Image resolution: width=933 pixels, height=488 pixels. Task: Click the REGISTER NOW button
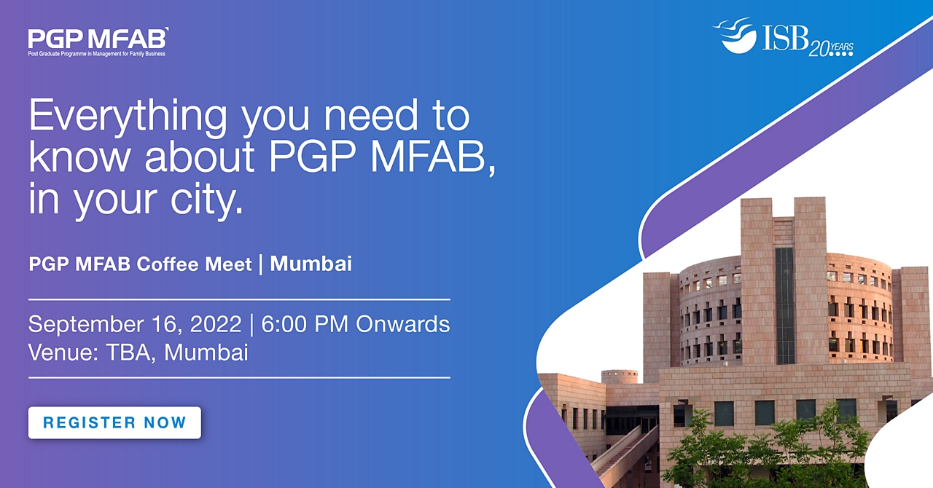coord(114,422)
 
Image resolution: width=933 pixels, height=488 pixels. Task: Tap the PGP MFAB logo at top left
coord(98,42)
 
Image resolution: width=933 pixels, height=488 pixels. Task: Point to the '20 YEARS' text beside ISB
coord(831,49)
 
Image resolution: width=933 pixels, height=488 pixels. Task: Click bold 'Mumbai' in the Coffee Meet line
coord(311,264)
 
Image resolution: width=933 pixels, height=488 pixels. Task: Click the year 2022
coord(216,324)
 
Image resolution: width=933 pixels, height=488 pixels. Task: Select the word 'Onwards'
coord(403,324)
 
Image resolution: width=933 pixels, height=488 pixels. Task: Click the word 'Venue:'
coord(63,353)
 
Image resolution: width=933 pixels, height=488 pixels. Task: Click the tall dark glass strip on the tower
coord(785,306)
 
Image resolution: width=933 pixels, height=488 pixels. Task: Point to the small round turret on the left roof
coord(620,377)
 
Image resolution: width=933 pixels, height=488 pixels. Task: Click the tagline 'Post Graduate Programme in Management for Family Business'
coord(97,54)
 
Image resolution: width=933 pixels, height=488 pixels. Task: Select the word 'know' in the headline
coord(79,157)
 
